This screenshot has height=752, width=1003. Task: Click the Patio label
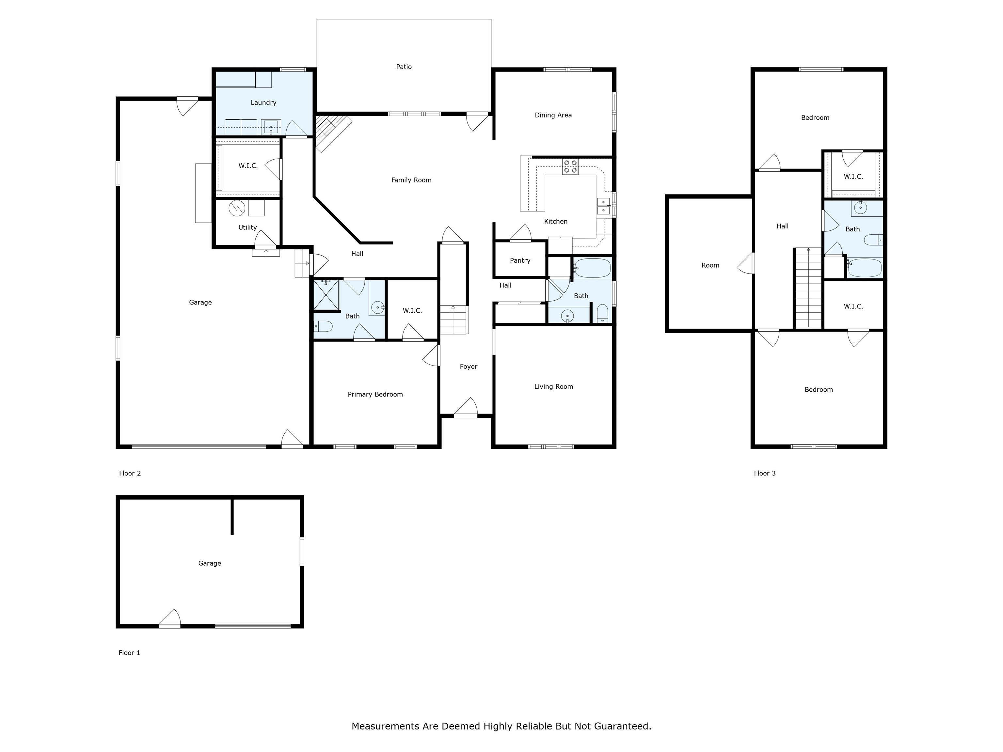(x=404, y=67)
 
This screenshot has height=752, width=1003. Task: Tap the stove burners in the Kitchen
(x=570, y=166)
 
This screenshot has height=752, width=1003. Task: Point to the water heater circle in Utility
(x=237, y=208)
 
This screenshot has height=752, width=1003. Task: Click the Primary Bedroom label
(x=375, y=394)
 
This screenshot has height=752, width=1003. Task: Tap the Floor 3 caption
(x=764, y=473)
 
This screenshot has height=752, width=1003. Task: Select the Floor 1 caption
(x=129, y=653)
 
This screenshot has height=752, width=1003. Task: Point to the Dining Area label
(x=553, y=115)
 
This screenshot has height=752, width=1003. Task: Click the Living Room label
(x=553, y=387)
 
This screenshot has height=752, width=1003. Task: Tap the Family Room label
(x=411, y=180)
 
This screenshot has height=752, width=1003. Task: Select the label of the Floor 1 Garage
(x=210, y=563)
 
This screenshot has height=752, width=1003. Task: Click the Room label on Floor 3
(x=710, y=265)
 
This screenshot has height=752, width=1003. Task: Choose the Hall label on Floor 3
(x=782, y=226)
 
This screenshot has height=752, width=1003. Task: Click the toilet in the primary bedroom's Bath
(x=323, y=326)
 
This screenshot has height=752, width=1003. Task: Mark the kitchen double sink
(x=603, y=206)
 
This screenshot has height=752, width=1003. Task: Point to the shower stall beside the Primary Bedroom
(x=326, y=295)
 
